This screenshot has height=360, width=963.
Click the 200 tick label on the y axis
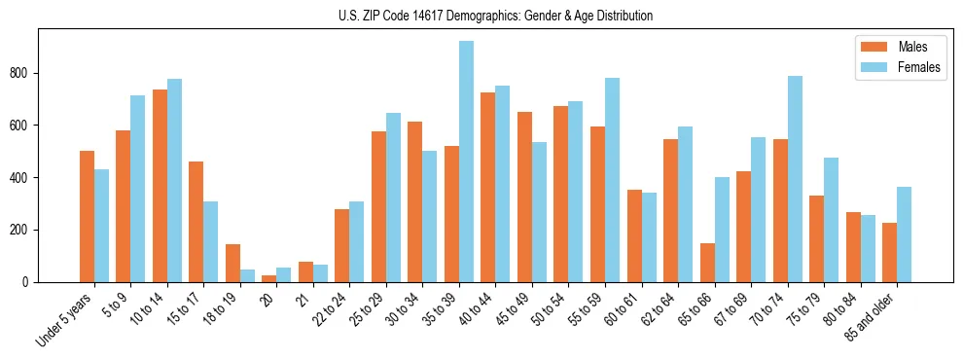point(25,230)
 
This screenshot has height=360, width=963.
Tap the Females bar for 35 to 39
point(466,162)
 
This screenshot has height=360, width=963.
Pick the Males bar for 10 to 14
point(160,186)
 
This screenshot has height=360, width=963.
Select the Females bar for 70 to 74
point(795,179)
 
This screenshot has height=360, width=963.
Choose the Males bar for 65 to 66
point(707,263)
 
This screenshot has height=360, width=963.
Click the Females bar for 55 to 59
point(612,180)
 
